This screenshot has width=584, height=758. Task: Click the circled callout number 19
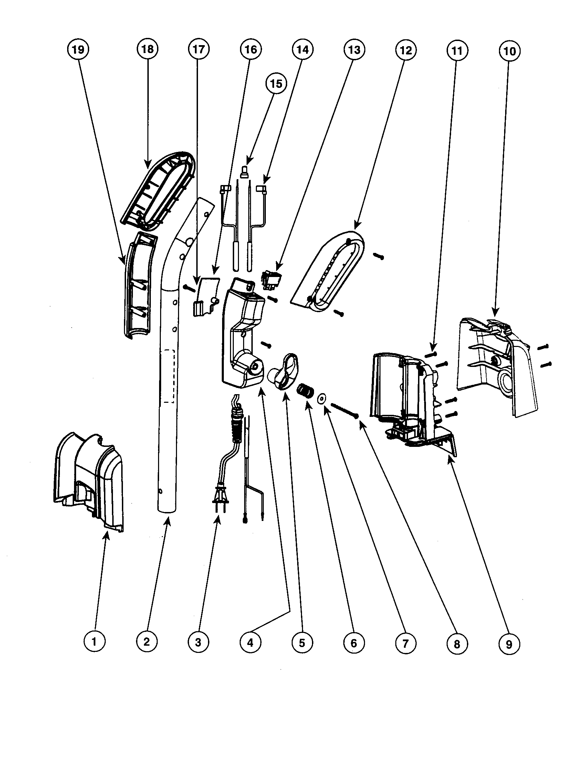78,49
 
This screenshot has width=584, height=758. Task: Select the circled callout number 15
276,84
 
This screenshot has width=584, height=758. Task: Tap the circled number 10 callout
509,51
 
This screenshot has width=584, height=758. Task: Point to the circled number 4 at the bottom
250,643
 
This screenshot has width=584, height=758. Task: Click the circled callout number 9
509,645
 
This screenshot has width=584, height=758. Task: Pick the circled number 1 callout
94,642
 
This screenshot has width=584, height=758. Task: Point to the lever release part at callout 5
284,371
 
